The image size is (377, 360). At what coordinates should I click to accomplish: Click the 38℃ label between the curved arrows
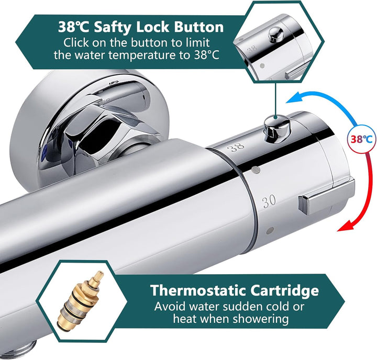pos(361,139)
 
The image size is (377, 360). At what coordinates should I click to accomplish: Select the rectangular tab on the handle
pos(325,196)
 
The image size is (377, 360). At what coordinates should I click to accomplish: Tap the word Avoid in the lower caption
pos(167,306)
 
